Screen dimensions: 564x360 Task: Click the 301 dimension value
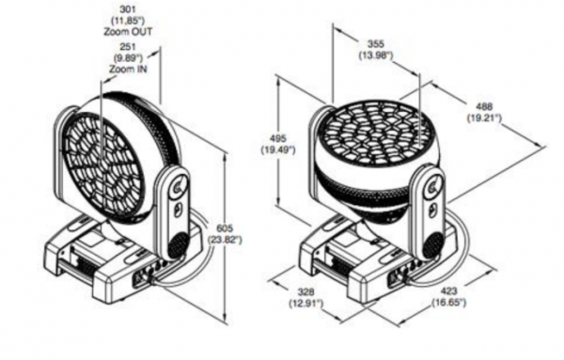pyautogui.click(x=128, y=8)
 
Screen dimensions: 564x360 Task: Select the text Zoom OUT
pyautogui.click(x=128, y=32)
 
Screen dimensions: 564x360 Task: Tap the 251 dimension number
pyautogui.click(x=128, y=46)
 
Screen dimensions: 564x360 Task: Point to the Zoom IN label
pyautogui.click(x=128, y=69)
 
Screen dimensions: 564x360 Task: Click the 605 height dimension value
pyautogui.click(x=225, y=227)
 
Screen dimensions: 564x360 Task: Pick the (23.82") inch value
pyautogui.click(x=225, y=240)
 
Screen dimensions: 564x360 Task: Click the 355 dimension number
pyautogui.click(x=376, y=43)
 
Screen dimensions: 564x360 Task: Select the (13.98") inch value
pyautogui.click(x=376, y=55)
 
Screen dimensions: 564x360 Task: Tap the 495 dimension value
pyautogui.click(x=278, y=138)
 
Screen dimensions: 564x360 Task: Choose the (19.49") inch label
pyautogui.click(x=278, y=149)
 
